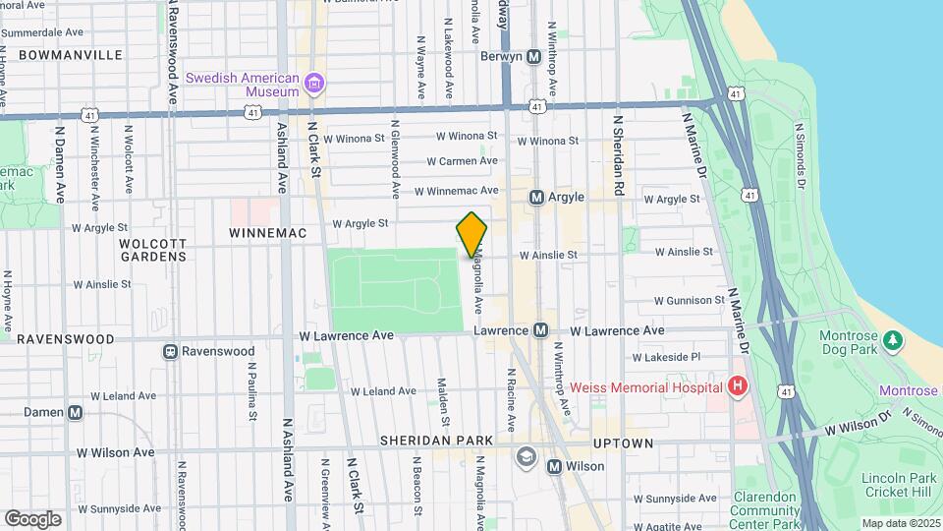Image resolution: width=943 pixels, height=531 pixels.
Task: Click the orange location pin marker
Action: [472, 233]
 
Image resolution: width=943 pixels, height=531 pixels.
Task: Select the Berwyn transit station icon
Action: [534, 57]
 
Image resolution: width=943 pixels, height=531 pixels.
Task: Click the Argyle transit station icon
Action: [536, 197]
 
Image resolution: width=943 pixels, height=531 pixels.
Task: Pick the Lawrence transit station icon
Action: [540, 331]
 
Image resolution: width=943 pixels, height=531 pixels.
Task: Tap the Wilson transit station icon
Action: [554, 466]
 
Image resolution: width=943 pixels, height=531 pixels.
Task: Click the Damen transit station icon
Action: [76, 413]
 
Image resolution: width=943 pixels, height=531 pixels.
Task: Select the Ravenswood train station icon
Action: [171, 351]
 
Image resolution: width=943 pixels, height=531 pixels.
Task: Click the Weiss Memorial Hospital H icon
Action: [738, 386]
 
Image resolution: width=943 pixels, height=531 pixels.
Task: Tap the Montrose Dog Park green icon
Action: [892, 341]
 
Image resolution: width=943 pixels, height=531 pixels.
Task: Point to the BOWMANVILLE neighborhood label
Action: [70, 55]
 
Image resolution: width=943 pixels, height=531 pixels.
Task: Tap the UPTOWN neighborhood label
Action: [623, 443]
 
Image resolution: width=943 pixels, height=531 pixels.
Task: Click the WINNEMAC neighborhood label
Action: [268, 233]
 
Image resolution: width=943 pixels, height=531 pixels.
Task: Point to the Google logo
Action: [33, 518]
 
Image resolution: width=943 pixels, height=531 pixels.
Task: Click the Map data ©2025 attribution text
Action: [900, 523]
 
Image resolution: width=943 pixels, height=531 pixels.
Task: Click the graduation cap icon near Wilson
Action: [527, 454]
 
